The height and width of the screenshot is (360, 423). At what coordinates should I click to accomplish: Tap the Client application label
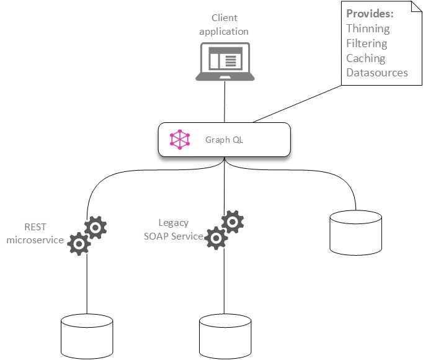tap(224, 25)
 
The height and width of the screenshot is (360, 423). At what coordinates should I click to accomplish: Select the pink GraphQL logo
tap(180, 140)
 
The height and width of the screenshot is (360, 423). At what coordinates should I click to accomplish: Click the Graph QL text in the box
tap(224, 140)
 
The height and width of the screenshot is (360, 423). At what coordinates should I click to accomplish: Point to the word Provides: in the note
tap(370, 14)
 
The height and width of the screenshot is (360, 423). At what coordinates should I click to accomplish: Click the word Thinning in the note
tap(368, 29)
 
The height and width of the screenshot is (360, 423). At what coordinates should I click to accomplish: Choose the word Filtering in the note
tap(367, 43)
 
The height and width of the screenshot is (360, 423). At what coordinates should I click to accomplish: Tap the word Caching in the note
tap(366, 58)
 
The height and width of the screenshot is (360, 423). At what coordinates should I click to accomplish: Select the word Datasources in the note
tap(377, 73)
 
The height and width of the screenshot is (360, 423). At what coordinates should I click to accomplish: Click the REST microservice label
tap(35, 234)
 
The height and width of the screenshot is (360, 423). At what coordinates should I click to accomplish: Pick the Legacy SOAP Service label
tap(181, 230)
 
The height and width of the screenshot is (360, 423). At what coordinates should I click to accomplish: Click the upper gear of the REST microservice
tap(95, 228)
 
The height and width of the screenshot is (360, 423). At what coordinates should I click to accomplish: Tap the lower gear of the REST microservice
tap(79, 244)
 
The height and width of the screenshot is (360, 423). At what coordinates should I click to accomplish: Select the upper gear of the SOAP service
tap(232, 222)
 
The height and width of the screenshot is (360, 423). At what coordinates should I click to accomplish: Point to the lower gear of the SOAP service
tap(216, 238)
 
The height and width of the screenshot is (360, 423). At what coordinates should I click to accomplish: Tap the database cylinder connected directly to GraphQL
tap(355, 232)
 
